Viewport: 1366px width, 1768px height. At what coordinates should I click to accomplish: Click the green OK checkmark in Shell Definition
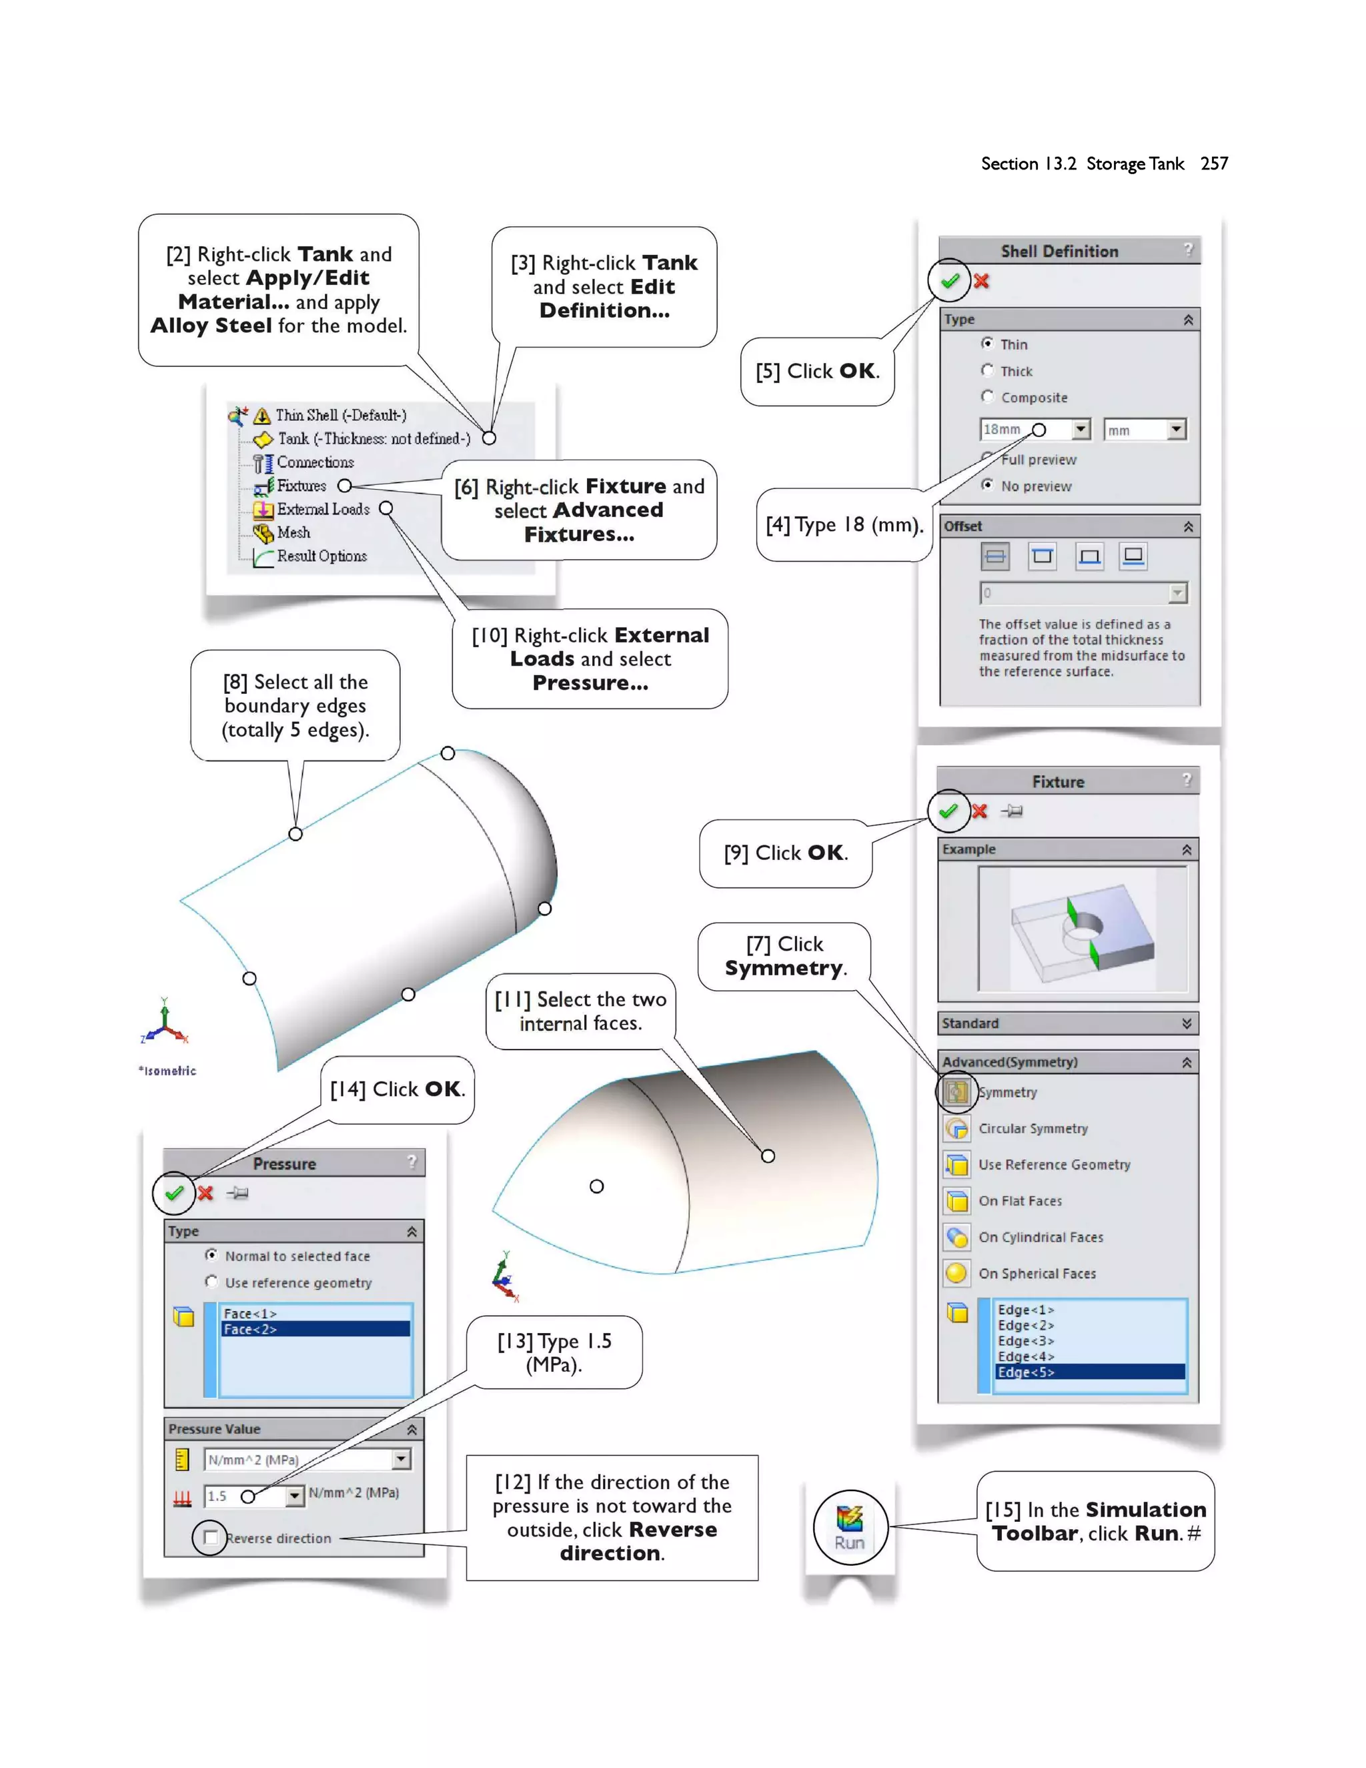click(x=949, y=281)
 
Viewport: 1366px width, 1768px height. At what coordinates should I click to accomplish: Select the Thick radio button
click(x=987, y=370)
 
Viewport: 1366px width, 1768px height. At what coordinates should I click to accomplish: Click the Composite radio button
click(x=987, y=397)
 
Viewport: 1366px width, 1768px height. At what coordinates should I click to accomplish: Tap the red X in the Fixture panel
click(x=979, y=811)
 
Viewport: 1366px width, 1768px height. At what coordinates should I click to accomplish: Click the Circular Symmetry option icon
click(x=956, y=1128)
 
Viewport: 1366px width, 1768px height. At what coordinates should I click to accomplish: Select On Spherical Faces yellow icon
click(x=956, y=1272)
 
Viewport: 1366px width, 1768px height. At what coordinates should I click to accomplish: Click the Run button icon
click(x=850, y=1526)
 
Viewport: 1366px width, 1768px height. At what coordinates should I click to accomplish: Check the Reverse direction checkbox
click(x=210, y=1537)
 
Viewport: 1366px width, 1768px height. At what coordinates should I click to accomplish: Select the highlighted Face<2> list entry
click(x=315, y=1329)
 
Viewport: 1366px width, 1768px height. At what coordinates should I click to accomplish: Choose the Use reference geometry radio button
click(x=212, y=1282)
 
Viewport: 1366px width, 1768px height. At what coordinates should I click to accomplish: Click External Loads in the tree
click(x=323, y=509)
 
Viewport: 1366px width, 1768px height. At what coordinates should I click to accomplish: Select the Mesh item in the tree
click(x=293, y=532)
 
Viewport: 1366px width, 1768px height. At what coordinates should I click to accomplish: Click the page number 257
click(x=1214, y=163)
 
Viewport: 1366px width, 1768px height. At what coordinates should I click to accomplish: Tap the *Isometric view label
click(x=167, y=1070)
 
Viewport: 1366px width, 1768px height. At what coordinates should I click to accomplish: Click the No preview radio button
click(x=987, y=485)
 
